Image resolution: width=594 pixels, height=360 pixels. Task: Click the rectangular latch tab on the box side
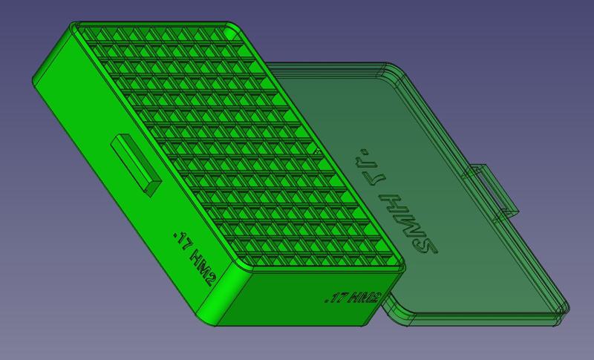pos(136,165)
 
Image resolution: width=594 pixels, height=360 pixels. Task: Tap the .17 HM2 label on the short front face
pos(353,299)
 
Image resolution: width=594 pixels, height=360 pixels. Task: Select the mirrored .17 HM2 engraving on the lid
pos(399,202)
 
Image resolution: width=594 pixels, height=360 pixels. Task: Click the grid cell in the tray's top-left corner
pos(94,34)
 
